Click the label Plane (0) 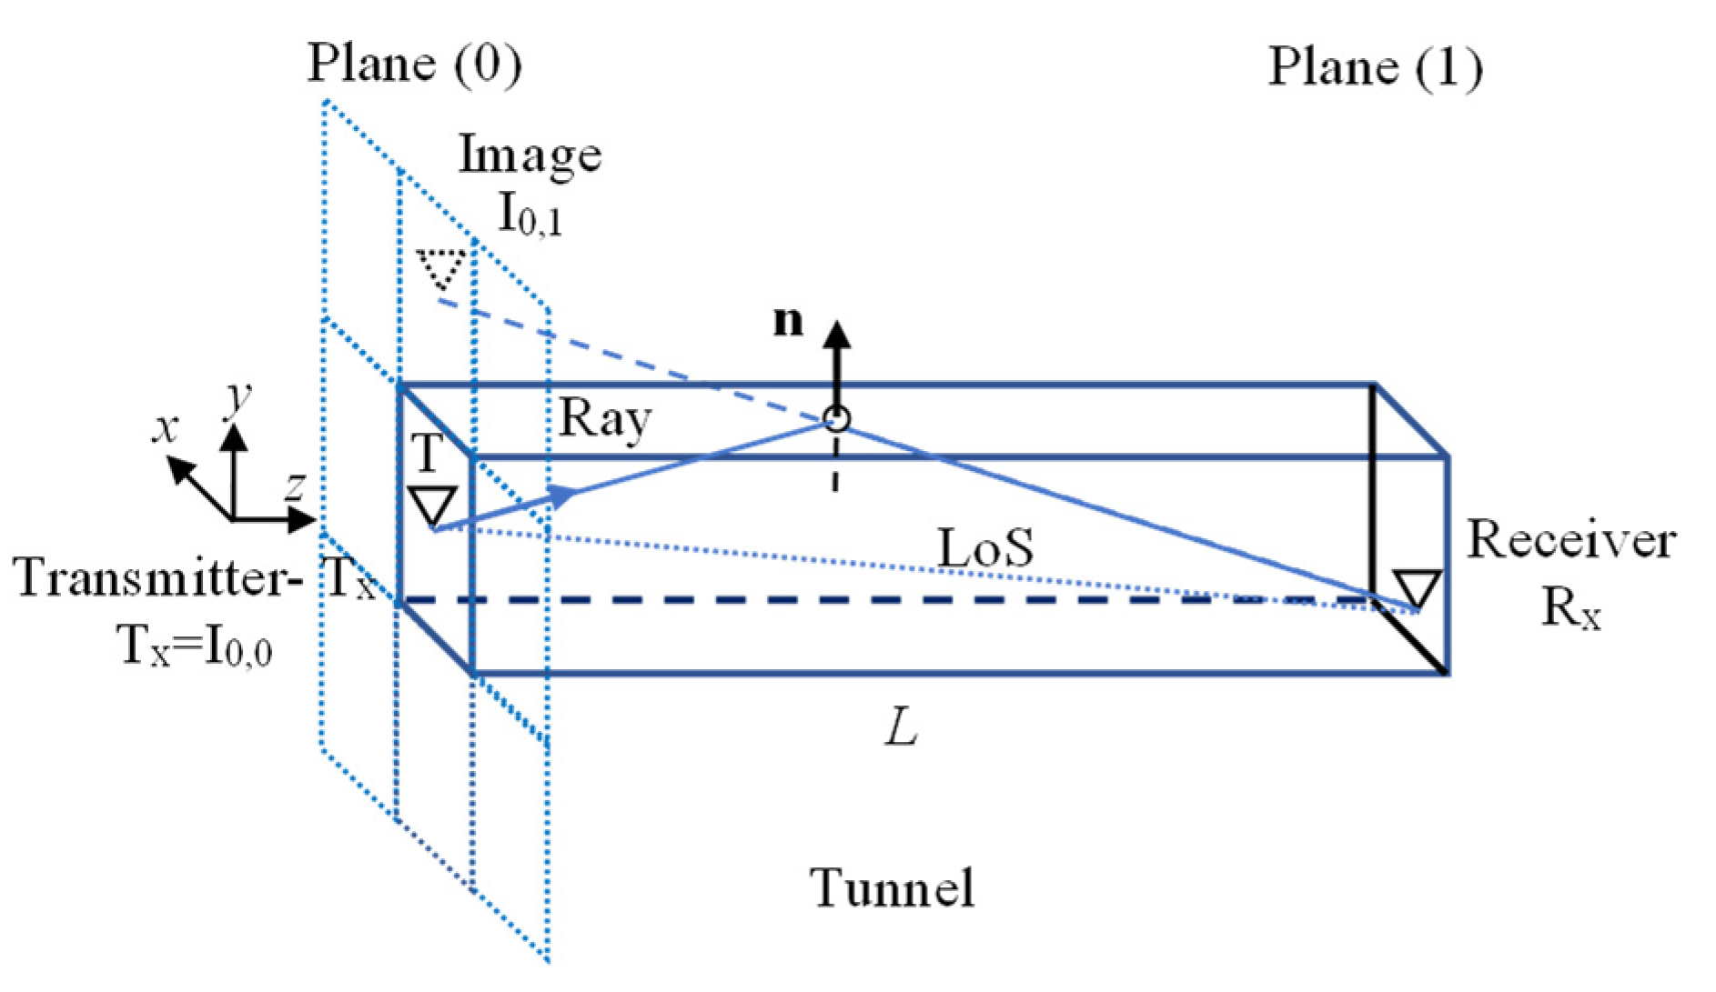point(415,64)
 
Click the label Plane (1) point(1375,67)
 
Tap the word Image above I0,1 point(530,154)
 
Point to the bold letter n point(788,321)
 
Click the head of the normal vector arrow point(837,333)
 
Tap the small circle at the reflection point point(837,419)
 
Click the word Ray point(605,419)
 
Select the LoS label point(986,548)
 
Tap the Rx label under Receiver point(1570,606)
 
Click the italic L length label point(901,726)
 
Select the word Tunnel point(892,887)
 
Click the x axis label point(165,427)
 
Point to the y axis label point(238,396)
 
